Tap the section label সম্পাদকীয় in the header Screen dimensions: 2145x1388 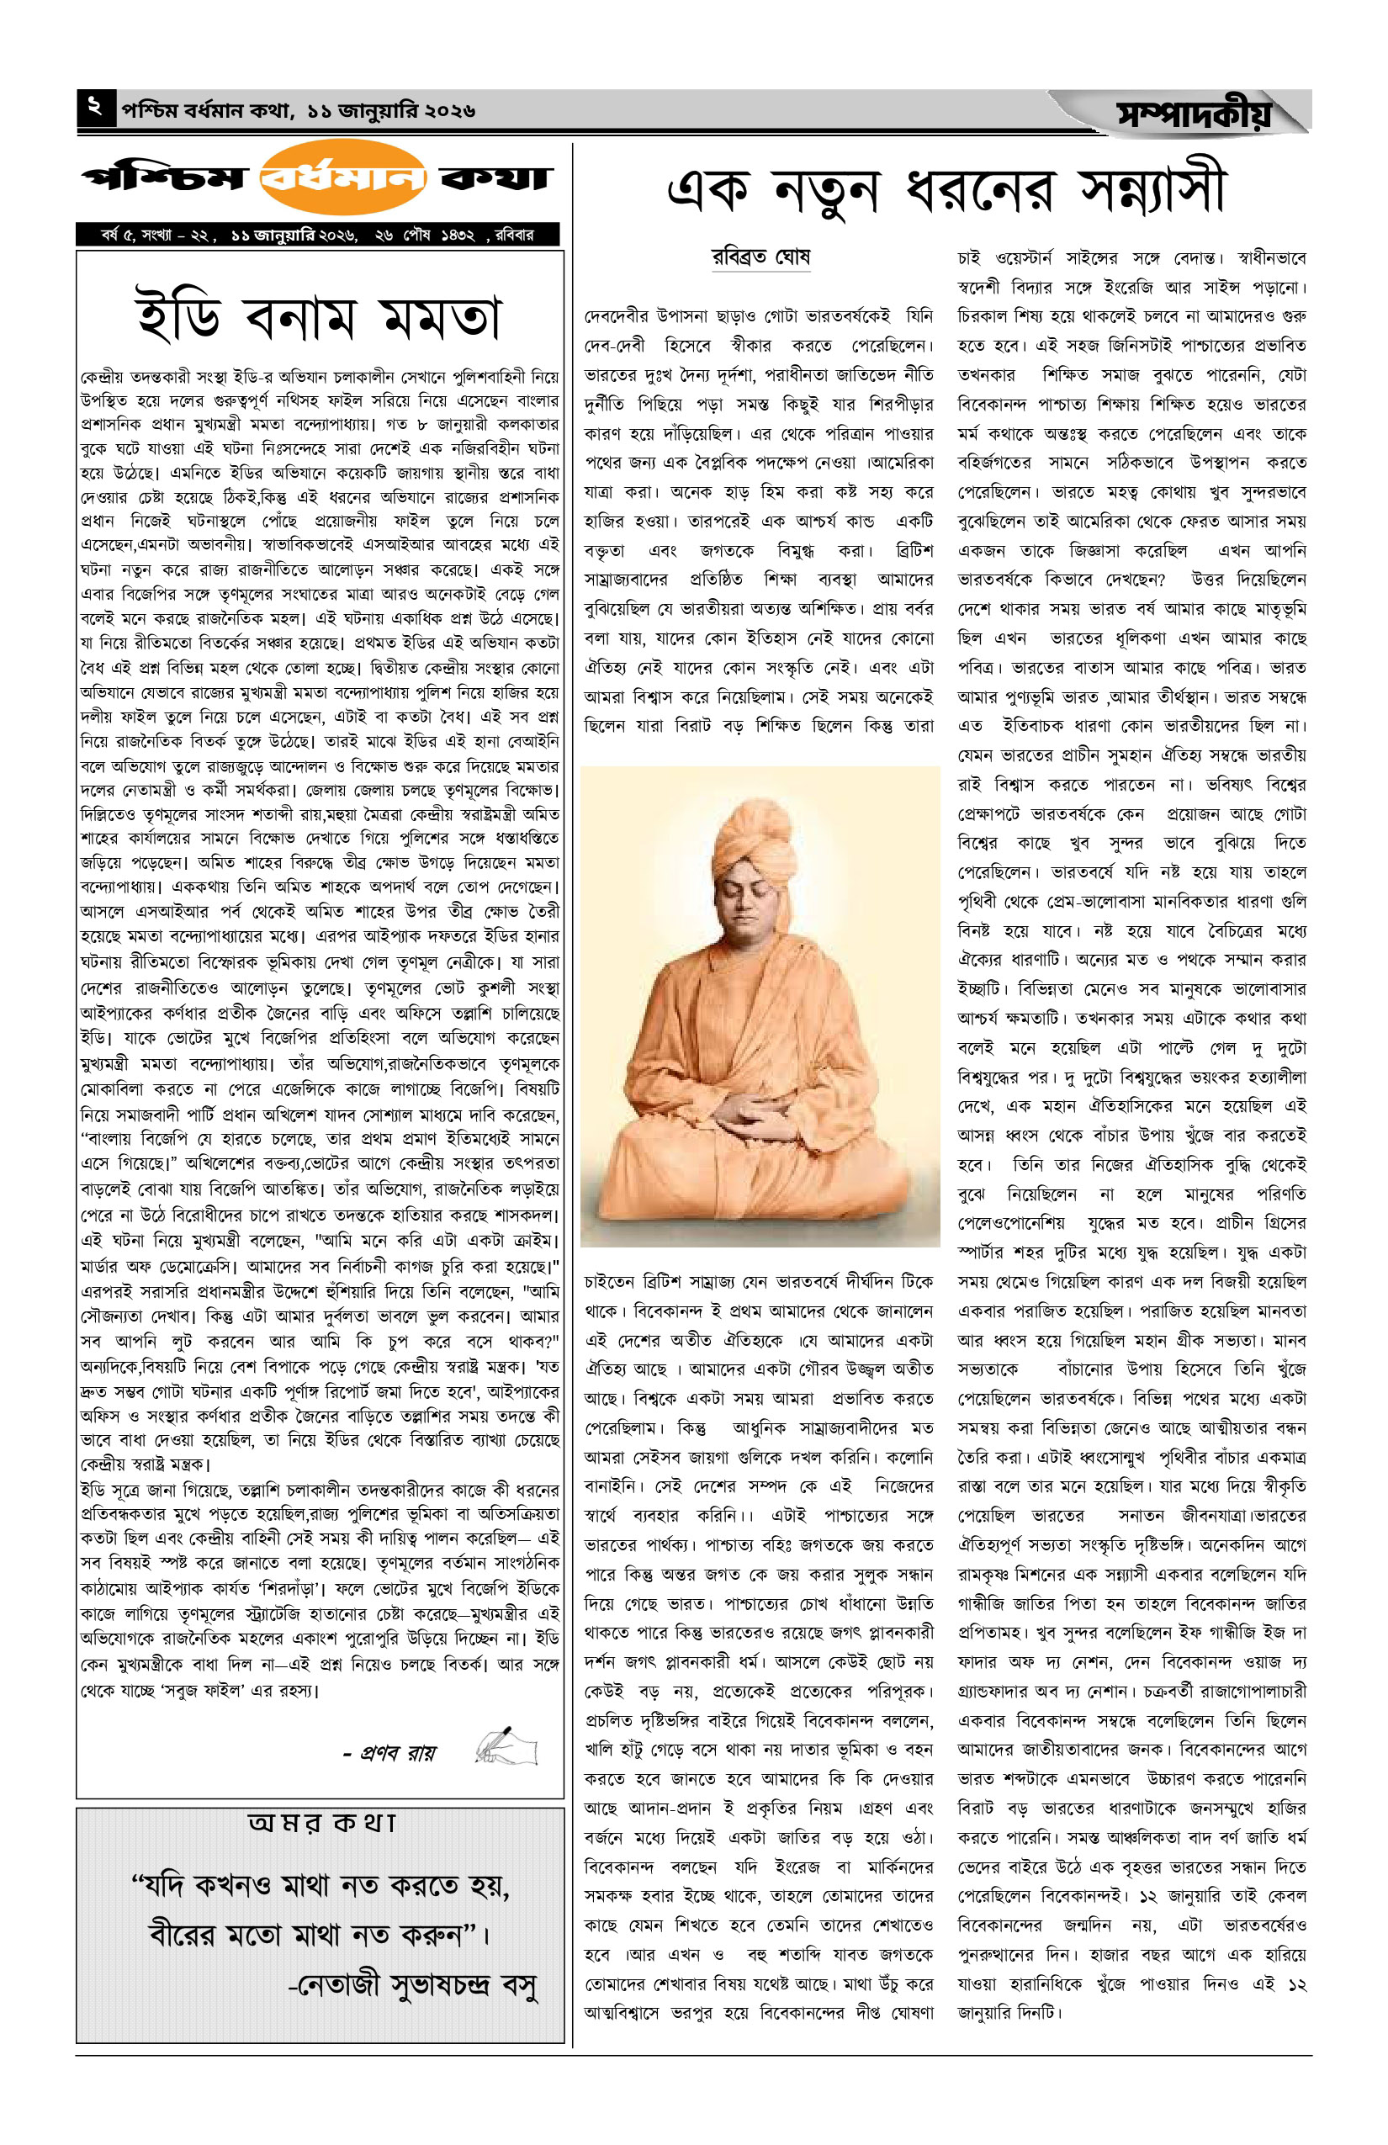(1195, 114)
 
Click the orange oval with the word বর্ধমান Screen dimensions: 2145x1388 (342, 177)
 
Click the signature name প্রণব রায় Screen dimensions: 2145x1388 (389, 1753)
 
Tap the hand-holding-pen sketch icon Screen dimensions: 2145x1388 (506, 1745)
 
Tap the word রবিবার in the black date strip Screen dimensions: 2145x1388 (514, 236)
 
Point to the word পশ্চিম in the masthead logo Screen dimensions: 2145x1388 (163, 177)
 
